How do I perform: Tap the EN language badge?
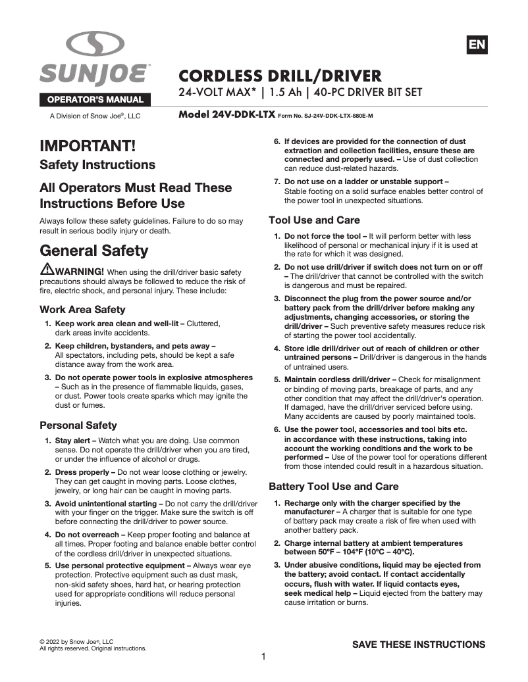[x=477, y=45]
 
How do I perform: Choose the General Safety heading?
[x=94, y=251]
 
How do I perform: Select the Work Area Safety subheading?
[x=82, y=309]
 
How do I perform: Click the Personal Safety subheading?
[x=78, y=425]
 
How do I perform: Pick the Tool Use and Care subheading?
[x=314, y=220]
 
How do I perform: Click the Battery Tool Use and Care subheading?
[x=333, y=487]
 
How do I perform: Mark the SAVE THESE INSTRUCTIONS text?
[x=419, y=645]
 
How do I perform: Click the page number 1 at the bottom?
[x=263, y=656]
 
